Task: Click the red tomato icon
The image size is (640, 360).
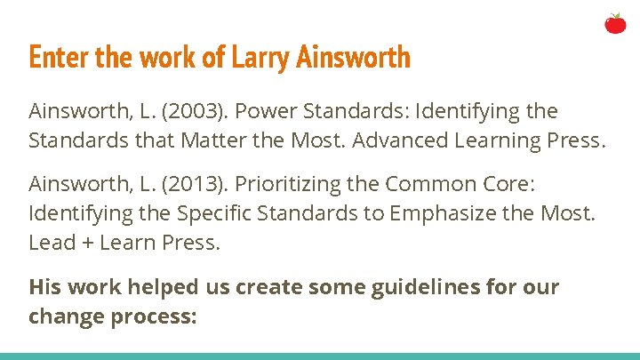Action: click(615, 23)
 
